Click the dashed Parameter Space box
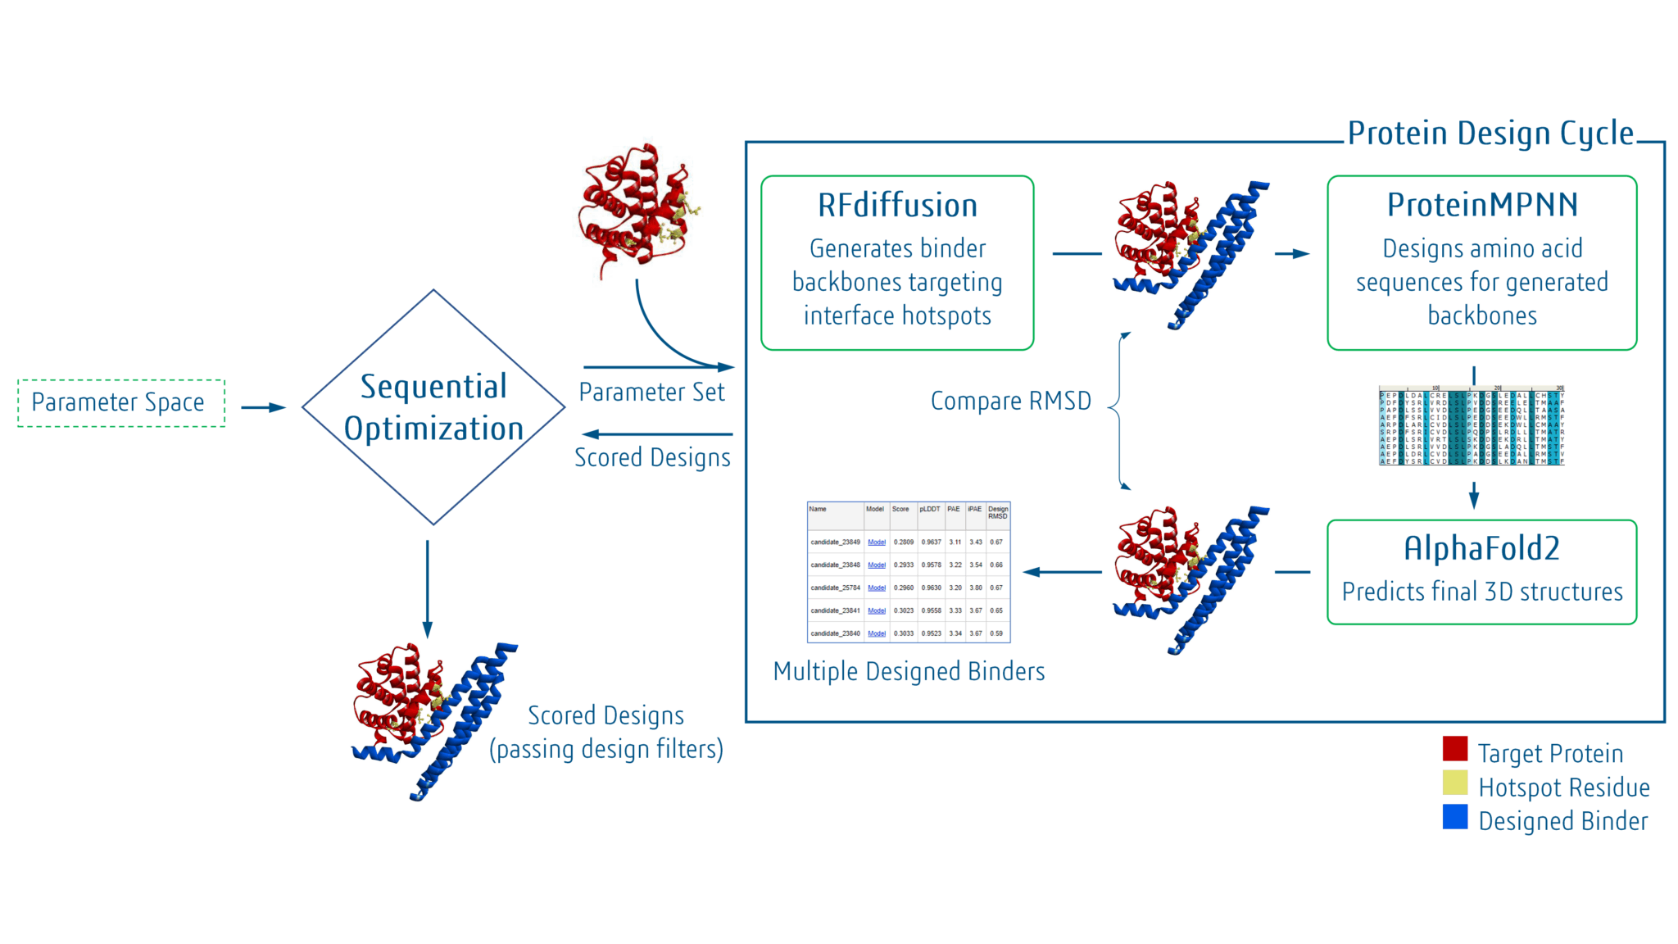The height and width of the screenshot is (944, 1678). click(x=120, y=402)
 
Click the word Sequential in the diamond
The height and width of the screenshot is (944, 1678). click(x=433, y=387)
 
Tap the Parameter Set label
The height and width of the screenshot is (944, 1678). click(x=651, y=393)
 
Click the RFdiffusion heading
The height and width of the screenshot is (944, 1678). click(x=897, y=206)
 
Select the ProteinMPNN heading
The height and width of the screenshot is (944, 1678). click(x=1481, y=205)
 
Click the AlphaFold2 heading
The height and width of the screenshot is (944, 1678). click(x=1481, y=548)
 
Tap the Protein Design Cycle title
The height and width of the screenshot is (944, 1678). click(x=1490, y=134)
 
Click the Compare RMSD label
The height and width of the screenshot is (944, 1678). click(x=1010, y=402)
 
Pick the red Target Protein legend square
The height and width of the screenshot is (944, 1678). click(x=1454, y=749)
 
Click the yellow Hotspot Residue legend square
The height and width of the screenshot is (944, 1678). click(x=1454, y=783)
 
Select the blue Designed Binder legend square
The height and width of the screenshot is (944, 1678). click(x=1454, y=817)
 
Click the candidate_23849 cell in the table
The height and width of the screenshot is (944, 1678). click(x=835, y=542)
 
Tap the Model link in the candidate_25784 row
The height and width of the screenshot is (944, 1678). click(x=877, y=588)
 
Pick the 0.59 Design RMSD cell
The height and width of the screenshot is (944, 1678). click(x=996, y=633)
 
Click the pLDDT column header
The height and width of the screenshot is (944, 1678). click(x=929, y=510)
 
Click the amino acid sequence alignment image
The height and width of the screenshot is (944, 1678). click(x=1472, y=426)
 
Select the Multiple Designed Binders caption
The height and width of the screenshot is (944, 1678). click(x=909, y=672)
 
